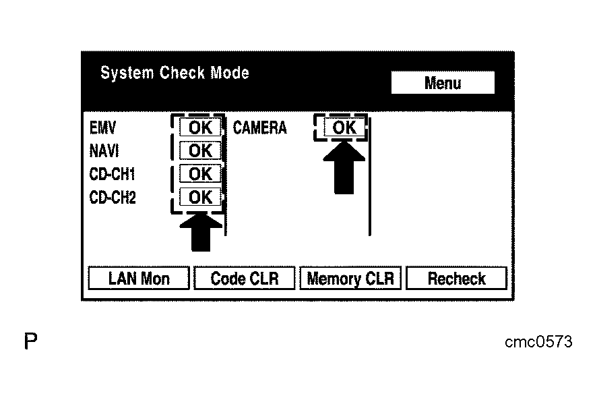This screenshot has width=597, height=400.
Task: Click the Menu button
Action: tap(443, 83)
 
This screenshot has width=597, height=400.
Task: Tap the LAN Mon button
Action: tap(139, 279)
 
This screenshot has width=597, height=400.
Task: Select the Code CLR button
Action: tap(245, 279)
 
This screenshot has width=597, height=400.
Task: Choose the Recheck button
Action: tap(456, 279)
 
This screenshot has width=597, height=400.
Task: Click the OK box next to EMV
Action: tap(200, 127)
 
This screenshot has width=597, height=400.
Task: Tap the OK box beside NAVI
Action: tap(200, 150)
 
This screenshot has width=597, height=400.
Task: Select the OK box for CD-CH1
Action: tap(200, 174)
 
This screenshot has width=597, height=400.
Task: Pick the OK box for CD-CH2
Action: tap(200, 197)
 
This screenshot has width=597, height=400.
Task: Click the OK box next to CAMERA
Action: tap(344, 127)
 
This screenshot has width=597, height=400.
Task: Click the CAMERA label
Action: tap(260, 127)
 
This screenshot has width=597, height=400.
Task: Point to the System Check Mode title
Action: tap(175, 73)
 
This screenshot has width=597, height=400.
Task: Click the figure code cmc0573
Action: tap(538, 342)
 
